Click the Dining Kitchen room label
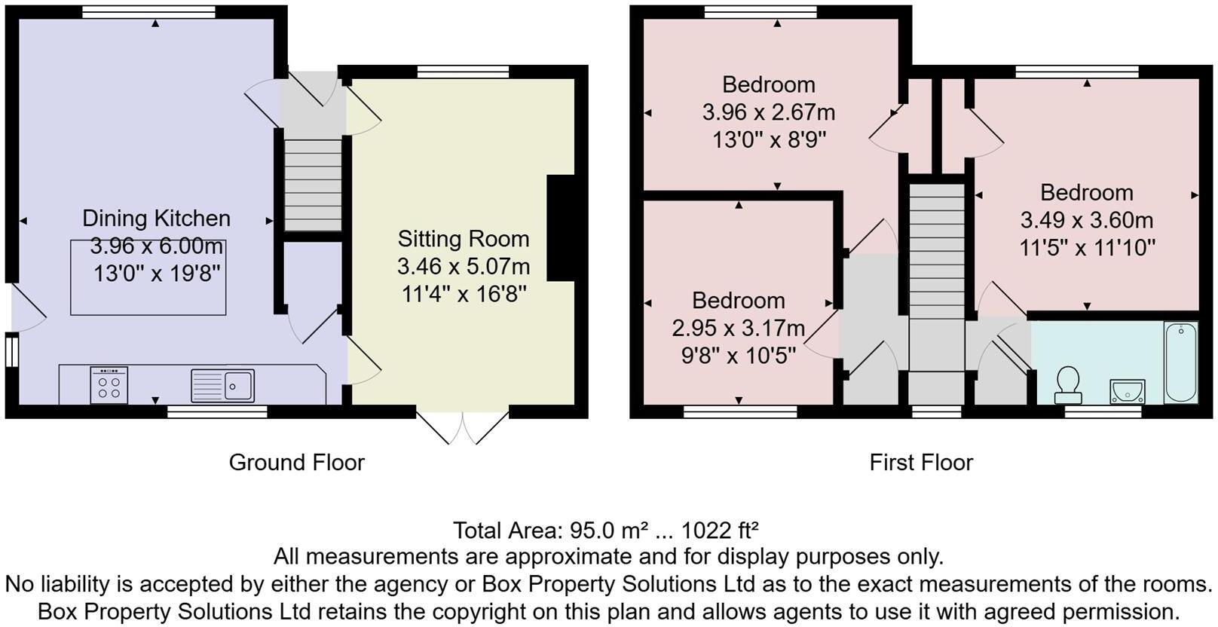click(x=156, y=219)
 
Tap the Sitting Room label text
click(x=464, y=239)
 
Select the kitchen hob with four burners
click(x=109, y=385)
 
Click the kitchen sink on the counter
click(x=223, y=385)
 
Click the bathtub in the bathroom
click(x=1180, y=362)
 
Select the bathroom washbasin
click(x=1127, y=391)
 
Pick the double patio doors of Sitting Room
click(x=463, y=427)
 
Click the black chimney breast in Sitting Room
click(x=561, y=228)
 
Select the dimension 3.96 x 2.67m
click(x=768, y=113)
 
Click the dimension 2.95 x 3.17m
click(x=738, y=329)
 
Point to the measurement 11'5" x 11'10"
click(x=1087, y=248)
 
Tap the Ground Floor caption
click(x=296, y=462)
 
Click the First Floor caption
click(x=921, y=462)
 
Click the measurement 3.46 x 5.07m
click(x=464, y=267)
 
